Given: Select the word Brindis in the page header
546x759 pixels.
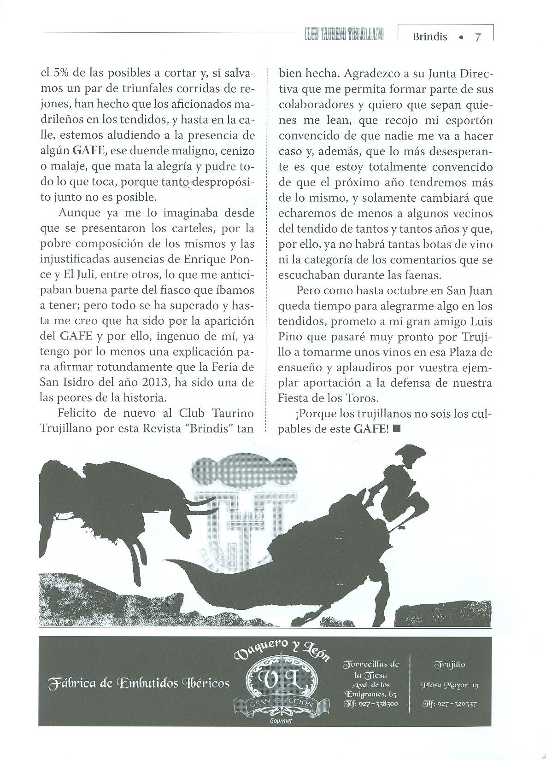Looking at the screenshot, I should [429, 37].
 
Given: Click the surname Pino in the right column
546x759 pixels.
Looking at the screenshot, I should [290, 337].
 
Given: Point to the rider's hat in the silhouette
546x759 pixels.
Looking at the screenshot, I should [409, 454].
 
